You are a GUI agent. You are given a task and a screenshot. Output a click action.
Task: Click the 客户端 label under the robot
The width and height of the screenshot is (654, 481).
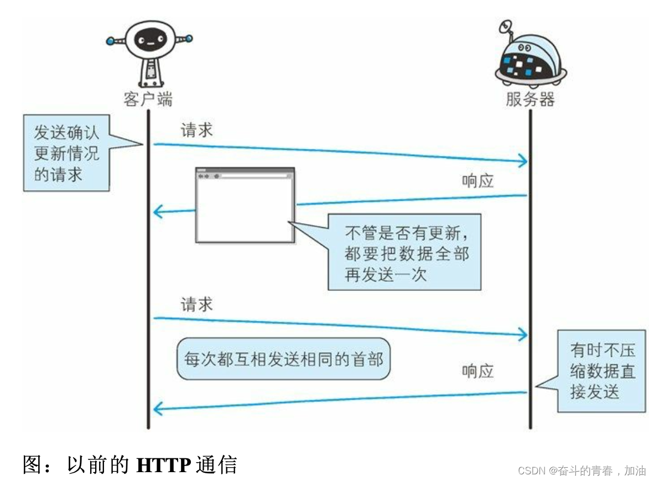point(148,99)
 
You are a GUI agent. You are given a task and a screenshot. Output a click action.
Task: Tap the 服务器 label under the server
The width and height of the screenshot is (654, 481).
point(530,99)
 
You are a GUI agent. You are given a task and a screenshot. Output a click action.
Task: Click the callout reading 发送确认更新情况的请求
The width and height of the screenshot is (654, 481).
point(66,153)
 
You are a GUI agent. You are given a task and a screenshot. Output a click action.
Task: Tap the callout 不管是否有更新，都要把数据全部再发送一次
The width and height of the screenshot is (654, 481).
point(404,252)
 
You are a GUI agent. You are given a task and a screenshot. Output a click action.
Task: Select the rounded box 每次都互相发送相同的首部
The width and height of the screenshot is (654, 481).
point(283,359)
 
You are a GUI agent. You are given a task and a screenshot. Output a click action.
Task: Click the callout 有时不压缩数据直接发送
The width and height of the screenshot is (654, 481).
point(601,371)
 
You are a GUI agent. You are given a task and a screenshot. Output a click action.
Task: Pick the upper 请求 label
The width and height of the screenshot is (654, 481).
point(196,130)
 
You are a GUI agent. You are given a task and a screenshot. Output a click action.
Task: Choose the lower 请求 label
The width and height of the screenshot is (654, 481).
point(196,304)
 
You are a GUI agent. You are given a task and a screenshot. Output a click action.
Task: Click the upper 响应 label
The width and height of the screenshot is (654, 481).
point(477,181)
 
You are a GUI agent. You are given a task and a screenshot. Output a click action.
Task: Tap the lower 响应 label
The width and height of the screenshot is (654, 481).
point(477,371)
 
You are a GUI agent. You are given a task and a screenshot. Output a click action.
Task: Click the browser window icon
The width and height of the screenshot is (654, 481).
point(245,205)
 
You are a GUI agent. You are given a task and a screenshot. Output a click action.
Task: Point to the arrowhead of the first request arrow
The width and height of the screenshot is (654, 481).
point(522,161)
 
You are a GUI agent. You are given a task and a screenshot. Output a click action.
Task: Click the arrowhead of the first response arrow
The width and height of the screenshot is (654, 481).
point(159,211)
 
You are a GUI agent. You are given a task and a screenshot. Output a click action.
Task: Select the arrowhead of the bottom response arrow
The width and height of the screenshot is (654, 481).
point(159,409)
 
